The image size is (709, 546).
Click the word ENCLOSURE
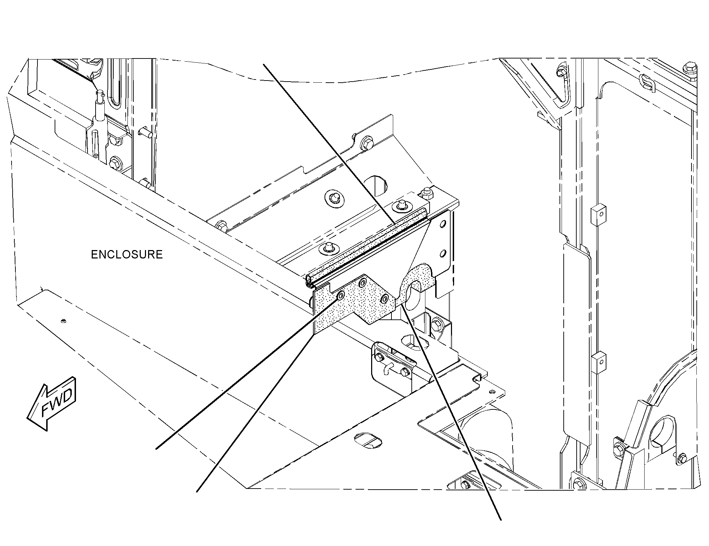click(127, 255)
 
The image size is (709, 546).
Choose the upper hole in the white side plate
click(443, 223)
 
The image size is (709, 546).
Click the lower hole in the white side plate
click(443, 252)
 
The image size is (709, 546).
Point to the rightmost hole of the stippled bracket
click(385, 299)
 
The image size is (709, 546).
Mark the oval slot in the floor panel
click(368, 440)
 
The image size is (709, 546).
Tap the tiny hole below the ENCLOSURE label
click(63, 320)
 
